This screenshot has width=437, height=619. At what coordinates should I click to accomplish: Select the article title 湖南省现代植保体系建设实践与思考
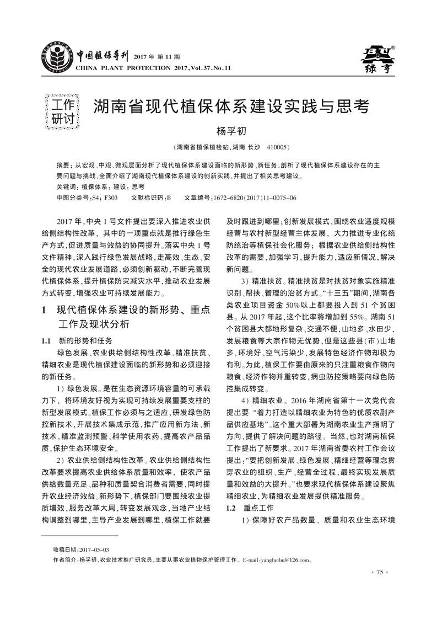tap(230, 106)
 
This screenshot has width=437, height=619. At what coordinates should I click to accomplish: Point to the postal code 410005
tap(277, 147)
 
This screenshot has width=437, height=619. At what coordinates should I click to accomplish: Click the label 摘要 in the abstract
tap(63, 165)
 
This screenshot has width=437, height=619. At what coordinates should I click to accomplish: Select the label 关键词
tap(67, 187)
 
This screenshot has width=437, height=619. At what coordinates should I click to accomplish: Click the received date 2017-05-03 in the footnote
tap(94, 549)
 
